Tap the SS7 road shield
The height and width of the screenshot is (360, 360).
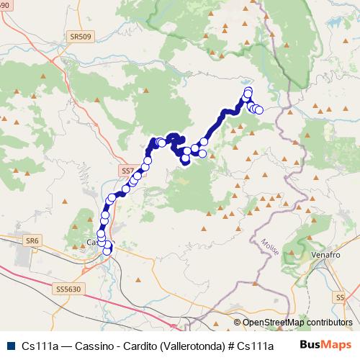coord(127,171)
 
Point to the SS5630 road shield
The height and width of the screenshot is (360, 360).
coord(67,289)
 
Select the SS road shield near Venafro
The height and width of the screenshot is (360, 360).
coord(341,296)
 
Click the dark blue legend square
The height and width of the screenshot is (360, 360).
coord(10,345)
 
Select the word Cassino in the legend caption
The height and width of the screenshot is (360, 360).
coord(81,345)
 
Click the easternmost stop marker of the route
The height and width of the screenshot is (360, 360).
coord(259,109)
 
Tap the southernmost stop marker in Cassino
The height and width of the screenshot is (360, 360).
coord(107,251)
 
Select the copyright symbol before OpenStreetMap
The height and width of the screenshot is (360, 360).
coord(238,323)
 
